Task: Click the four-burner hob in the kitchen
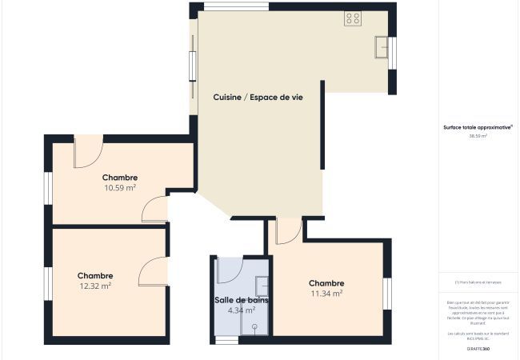pyautogui.click(x=353, y=18)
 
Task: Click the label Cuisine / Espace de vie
pyautogui.click(x=258, y=97)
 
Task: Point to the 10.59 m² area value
pyautogui.click(x=120, y=188)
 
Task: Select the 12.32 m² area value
pyautogui.click(x=95, y=285)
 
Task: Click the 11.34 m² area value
pyautogui.click(x=326, y=293)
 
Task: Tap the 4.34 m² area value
pyautogui.click(x=242, y=310)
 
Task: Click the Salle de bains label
pyautogui.click(x=242, y=300)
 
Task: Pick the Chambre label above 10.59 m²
pyautogui.click(x=120, y=178)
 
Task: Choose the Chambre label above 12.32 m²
pyautogui.click(x=95, y=275)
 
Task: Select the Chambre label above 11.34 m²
pyautogui.click(x=326, y=283)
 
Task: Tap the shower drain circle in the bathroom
pyautogui.click(x=255, y=326)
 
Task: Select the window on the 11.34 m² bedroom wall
pyautogui.click(x=386, y=294)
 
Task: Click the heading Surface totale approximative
pyautogui.click(x=478, y=126)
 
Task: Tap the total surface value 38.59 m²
pyautogui.click(x=478, y=136)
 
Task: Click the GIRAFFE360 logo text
pyautogui.click(x=478, y=349)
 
